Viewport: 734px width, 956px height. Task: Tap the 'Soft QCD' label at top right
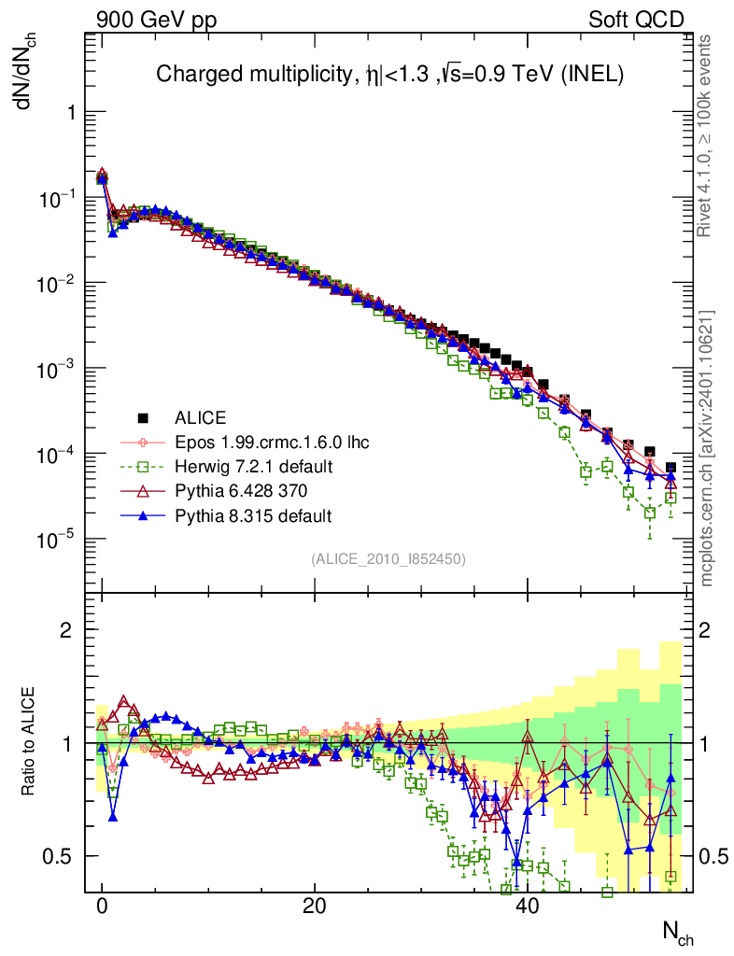[636, 20]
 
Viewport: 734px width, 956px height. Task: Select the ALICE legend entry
[201, 417]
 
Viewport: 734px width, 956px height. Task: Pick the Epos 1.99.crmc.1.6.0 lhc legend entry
[272, 442]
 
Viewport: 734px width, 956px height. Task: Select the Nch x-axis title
[677, 931]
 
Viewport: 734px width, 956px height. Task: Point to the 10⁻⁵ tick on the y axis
[58, 540]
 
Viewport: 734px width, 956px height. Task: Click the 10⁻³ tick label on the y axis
[58, 369]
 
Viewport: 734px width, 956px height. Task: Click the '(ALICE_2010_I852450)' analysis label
[388, 558]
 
